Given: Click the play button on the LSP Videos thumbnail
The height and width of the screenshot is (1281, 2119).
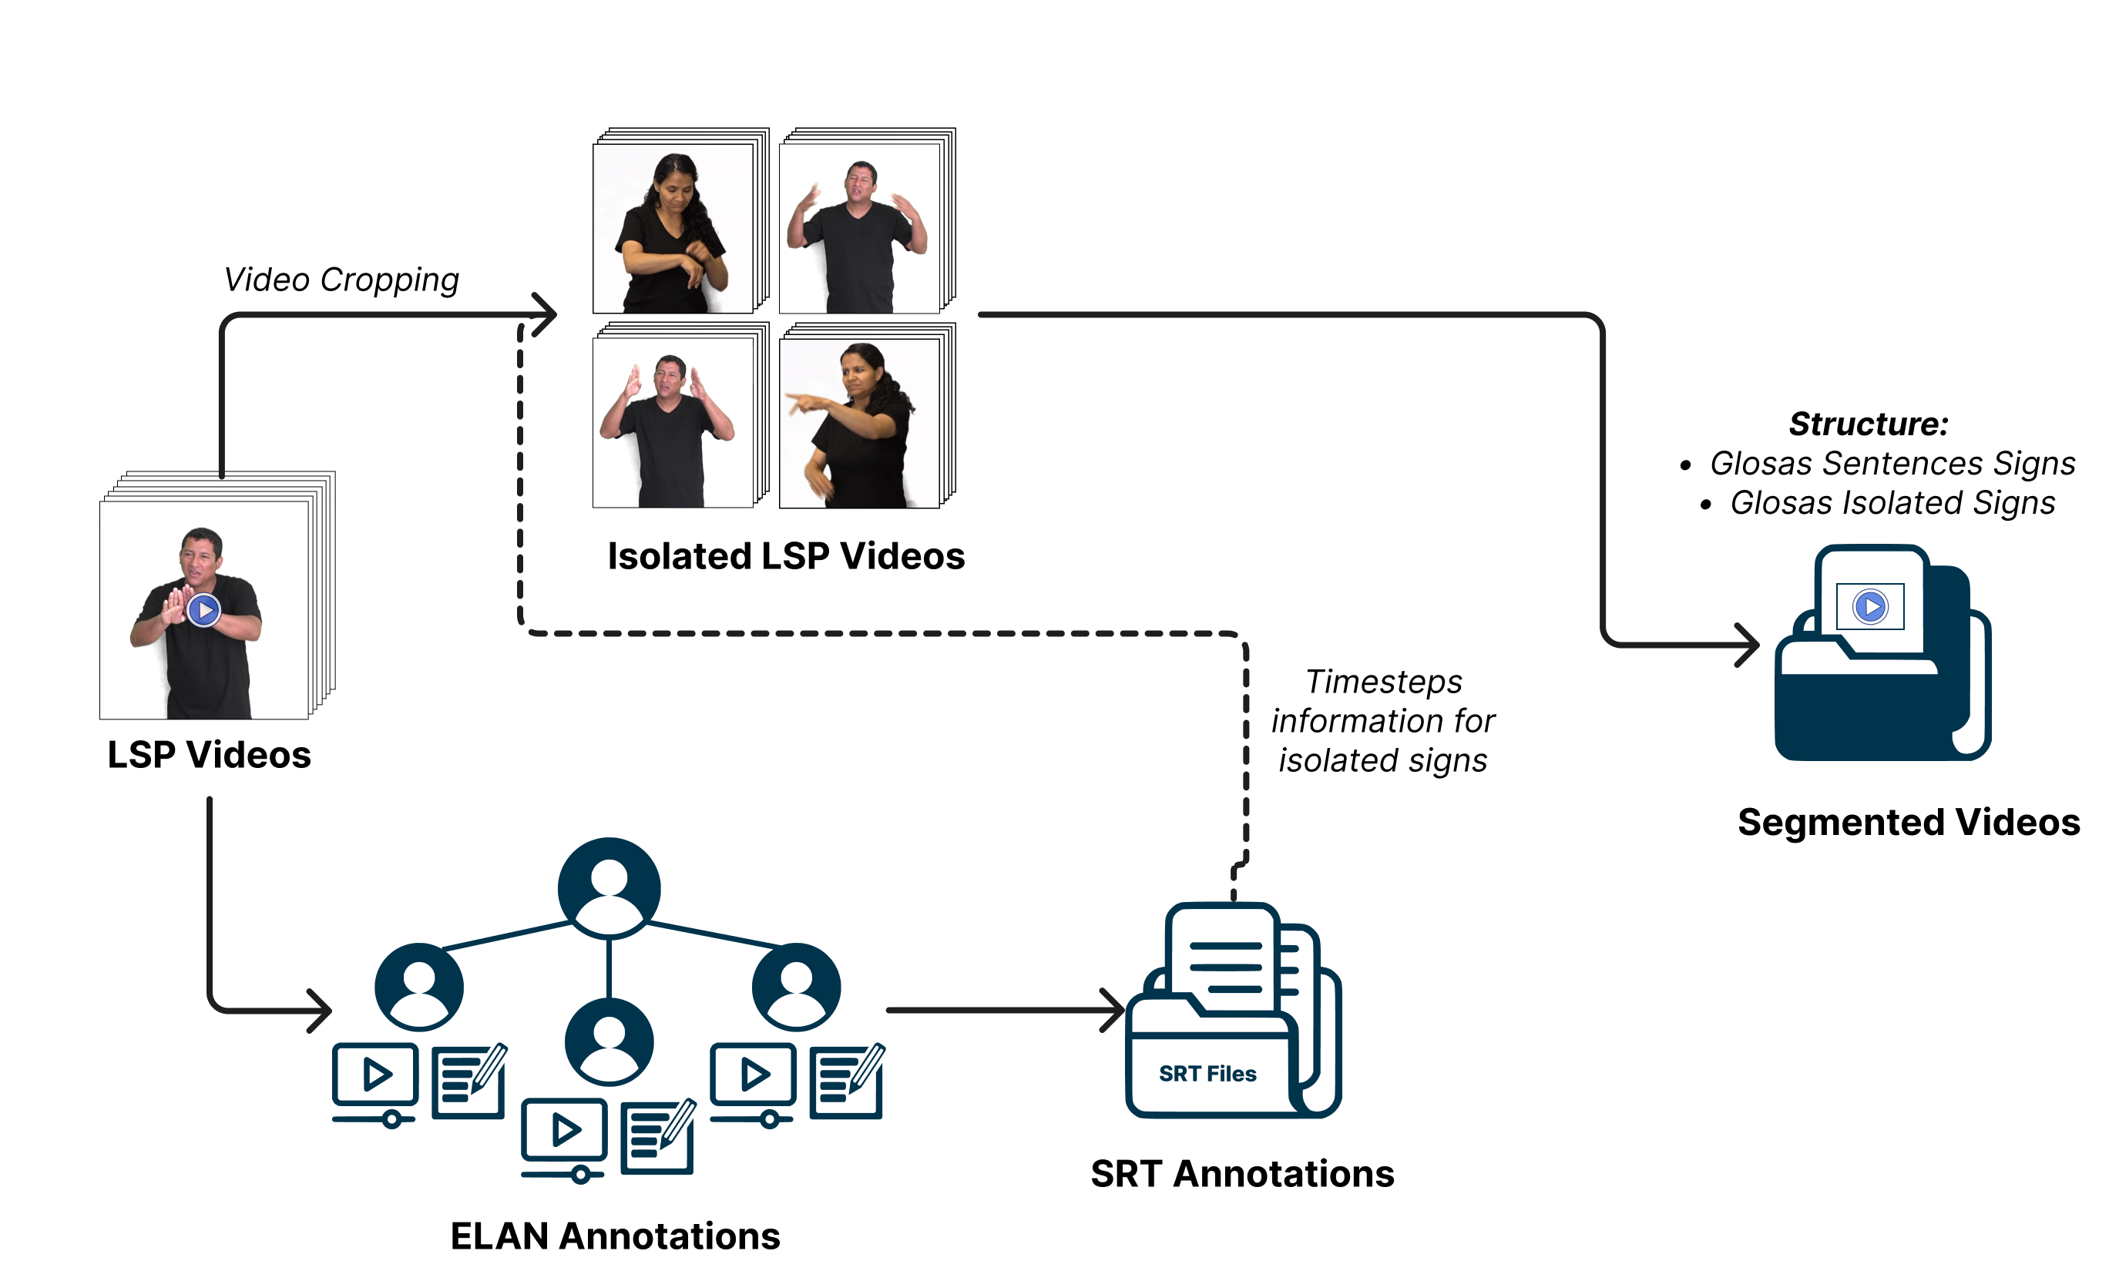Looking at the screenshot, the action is click(x=204, y=610).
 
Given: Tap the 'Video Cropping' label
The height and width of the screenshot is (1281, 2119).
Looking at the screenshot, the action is click(x=341, y=280).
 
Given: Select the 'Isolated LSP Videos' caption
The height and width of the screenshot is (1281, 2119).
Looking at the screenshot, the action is click(x=785, y=556).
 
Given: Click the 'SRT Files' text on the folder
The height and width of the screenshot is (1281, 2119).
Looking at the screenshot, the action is click(x=1207, y=1074).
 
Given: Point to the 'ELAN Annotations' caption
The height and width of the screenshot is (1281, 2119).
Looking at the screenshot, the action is click(x=615, y=1236).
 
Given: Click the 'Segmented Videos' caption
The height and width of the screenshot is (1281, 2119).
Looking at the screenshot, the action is click(x=1909, y=822).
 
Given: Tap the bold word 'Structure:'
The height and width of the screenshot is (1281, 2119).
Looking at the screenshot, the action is click(x=1868, y=424).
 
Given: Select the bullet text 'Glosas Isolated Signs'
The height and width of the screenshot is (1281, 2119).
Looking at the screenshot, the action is click(x=1892, y=502).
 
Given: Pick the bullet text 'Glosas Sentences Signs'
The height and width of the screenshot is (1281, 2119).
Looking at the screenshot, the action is click(x=1892, y=464).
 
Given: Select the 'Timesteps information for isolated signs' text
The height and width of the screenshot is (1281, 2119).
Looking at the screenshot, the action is click(x=1383, y=720).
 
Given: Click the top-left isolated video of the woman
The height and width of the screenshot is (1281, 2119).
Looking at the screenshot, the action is click(x=673, y=229).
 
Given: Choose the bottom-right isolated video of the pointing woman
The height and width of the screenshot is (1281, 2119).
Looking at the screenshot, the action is click(x=859, y=423).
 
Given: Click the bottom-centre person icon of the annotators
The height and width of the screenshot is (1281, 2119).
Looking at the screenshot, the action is click(x=609, y=1042).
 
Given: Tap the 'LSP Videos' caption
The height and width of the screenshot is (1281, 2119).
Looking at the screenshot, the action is click(x=209, y=755).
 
